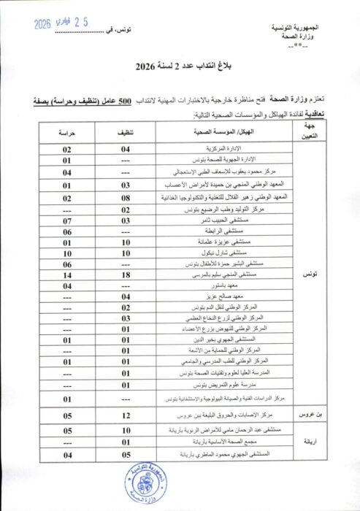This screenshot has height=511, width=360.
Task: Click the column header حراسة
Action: coord(66,133)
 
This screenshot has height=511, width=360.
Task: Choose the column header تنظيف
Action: coord(125,133)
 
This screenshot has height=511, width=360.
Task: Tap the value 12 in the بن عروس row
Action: coord(125,415)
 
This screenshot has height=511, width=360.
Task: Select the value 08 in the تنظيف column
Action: coord(125,197)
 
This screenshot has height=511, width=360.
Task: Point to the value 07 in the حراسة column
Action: coord(66,219)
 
